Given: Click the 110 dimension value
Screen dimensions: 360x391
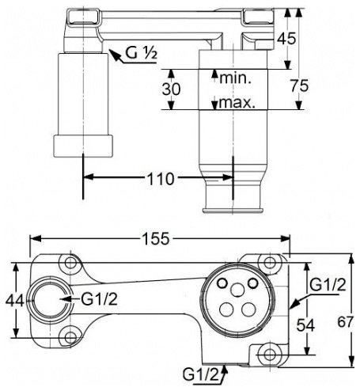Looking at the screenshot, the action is click(x=161, y=179).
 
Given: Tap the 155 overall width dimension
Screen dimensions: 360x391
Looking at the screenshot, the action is click(x=156, y=239).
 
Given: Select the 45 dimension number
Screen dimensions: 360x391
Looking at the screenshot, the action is click(x=286, y=39).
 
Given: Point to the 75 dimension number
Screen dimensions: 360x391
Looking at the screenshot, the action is click(x=299, y=86).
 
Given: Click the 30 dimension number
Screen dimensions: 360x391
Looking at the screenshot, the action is click(x=172, y=89).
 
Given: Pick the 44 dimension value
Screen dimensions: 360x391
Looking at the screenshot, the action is click(x=15, y=300).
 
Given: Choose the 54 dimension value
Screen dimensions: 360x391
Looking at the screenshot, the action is click(x=305, y=325).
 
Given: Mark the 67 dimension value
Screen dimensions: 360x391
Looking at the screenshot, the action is click(x=345, y=322).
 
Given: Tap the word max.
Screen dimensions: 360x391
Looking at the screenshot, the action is click(x=237, y=102).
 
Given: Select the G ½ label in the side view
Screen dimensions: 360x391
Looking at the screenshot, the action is click(x=142, y=54).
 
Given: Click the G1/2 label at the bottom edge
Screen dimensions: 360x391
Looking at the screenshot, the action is click(x=201, y=374).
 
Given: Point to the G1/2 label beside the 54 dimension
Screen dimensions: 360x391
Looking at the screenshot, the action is click(x=328, y=285).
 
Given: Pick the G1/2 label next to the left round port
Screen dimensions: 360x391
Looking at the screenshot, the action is click(x=99, y=299).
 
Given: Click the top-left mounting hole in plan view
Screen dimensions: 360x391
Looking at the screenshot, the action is click(x=70, y=263).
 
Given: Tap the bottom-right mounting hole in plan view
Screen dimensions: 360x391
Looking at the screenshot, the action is click(x=269, y=355).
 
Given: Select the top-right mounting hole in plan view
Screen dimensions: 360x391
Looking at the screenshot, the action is click(x=269, y=263).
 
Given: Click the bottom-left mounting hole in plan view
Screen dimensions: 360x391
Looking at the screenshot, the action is click(x=70, y=337).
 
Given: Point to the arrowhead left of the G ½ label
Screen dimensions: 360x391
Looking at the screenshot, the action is click(x=114, y=55).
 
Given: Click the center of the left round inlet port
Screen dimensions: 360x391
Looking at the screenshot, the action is click(x=50, y=300).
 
